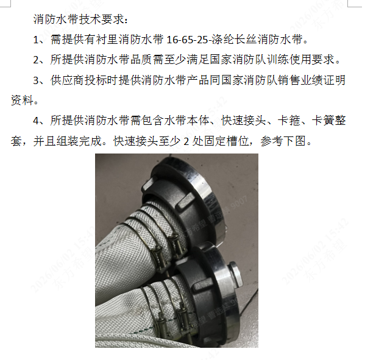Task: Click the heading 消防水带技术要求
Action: [79, 19]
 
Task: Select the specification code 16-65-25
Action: [187, 40]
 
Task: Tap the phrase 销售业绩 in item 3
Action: [300, 80]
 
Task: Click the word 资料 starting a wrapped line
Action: [22, 100]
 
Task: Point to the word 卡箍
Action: [289, 121]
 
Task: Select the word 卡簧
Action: [323, 121]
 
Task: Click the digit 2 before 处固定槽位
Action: [186, 141]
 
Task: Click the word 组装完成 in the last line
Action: [79, 141]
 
